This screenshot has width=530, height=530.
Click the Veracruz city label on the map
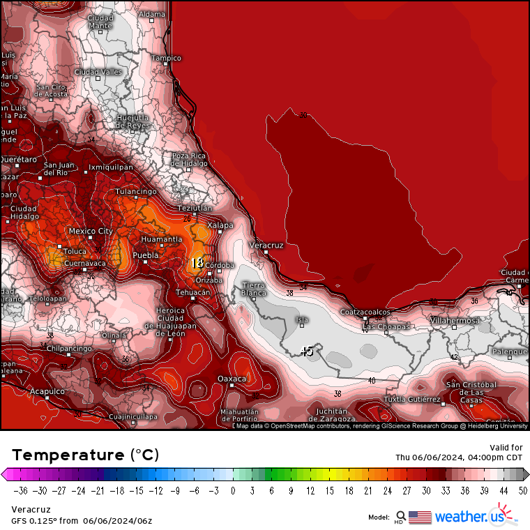click(x=266, y=245)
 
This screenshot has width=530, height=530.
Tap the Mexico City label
click(x=91, y=231)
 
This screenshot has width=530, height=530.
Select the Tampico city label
click(x=167, y=58)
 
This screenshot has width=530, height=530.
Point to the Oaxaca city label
click(x=232, y=378)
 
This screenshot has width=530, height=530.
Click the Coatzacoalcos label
click(x=365, y=312)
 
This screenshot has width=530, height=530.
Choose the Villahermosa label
click(x=455, y=321)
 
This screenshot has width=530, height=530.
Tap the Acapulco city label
click(x=47, y=392)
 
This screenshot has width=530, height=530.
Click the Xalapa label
click(x=220, y=225)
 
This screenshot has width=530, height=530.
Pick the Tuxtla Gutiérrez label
click(x=412, y=400)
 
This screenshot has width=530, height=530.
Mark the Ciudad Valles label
click(x=98, y=72)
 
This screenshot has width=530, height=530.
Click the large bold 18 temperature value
click(x=197, y=263)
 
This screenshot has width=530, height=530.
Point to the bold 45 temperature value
click(x=306, y=351)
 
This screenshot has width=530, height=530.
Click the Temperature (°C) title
click(x=85, y=455)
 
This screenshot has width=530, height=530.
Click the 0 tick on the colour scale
click(x=233, y=490)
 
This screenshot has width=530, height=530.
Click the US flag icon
click(x=419, y=517)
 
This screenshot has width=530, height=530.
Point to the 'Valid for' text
click(x=507, y=447)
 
